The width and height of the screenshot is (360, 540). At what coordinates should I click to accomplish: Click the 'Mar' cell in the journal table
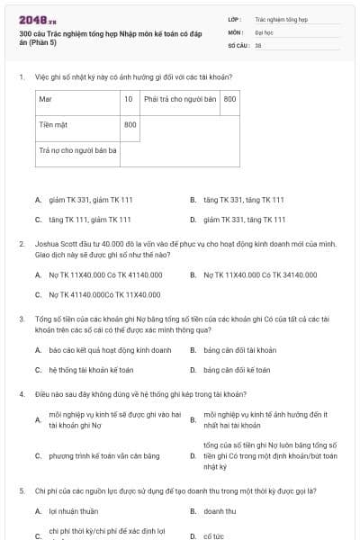point(46,98)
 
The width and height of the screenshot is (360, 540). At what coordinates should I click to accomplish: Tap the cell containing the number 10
point(129,98)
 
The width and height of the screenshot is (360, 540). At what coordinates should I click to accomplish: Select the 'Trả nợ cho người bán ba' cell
point(78,150)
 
